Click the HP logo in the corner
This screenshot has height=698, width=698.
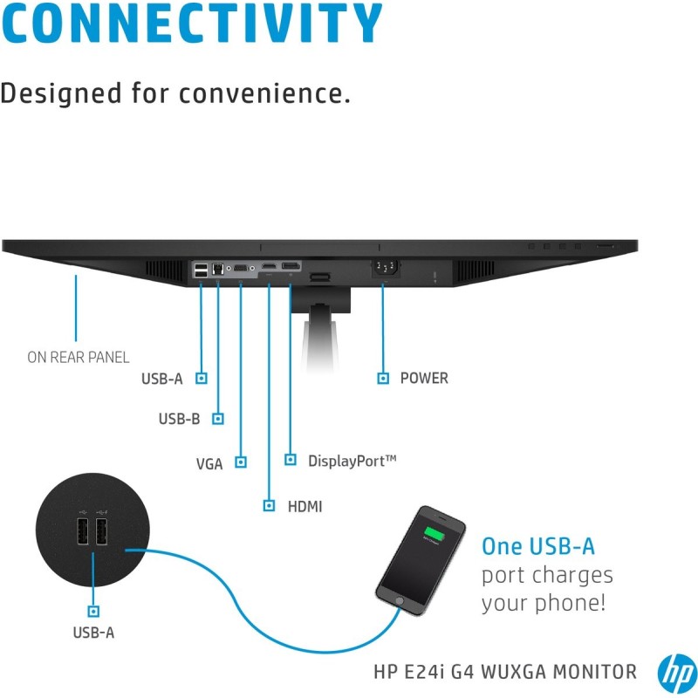pos(677,674)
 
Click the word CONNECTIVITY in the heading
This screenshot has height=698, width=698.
pos(191,24)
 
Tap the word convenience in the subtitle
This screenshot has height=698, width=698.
pos(264,93)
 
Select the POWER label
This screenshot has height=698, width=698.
pos(424,378)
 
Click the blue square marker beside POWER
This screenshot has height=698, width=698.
pos(383,378)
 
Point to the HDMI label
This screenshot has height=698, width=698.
pos(305,506)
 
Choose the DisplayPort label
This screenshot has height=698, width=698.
pos(352,461)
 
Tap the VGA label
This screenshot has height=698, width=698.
pos(209,464)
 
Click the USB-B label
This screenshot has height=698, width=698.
pos(179,419)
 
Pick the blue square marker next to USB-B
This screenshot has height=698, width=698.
pos(217,419)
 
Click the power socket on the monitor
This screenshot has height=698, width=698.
pos(385,268)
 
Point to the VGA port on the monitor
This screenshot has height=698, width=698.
pos(241,268)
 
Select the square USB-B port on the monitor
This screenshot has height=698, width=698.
pos(217,269)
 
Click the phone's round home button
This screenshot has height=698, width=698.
pos(400,601)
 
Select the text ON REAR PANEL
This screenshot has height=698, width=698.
pos(78,357)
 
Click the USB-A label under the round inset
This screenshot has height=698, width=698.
pos(93,632)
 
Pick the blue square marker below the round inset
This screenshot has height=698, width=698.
pos(93,611)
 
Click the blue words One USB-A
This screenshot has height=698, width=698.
pos(537,546)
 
